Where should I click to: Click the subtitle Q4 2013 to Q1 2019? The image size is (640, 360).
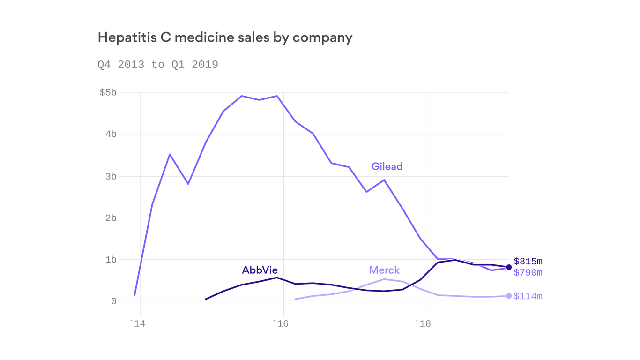pyautogui.click(x=158, y=65)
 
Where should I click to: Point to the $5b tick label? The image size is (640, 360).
pyautogui.click(x=108, y=92)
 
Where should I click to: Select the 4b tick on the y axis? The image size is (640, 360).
pyautogui.click(x=111, y=134)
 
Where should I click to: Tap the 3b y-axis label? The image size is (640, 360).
pyautogui.click(x=111, y=176)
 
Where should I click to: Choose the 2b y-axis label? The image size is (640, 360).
pyautogui.click(x=111, y=218)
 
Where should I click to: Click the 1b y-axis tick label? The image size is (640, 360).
pyautogui.click(x=111, y=260)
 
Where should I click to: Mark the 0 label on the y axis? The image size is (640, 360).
pyautogui.click(x=113, y=301)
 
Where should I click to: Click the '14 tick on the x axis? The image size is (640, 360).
pyautogui.click(x=137, y=323)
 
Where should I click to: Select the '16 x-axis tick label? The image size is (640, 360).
pyautogui.click(x=280, y=323)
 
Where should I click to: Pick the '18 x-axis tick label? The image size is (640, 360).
pyautogui.click(x=423, y=323)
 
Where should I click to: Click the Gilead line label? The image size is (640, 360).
pyautogui.click(x=387, y=166)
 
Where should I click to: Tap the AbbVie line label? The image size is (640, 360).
pyautogui.click(x=260, y=270)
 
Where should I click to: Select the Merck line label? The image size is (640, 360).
pyautogui.click(x=384, y=270)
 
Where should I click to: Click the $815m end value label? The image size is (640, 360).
pyautogui.click(x=528, y=262)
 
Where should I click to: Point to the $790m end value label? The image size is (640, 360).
pyautogui.click(x=528, y=273)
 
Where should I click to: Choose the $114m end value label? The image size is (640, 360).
pyautogui.click(x=528, y=296)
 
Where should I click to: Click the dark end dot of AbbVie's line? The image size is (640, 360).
pyautogui.click(x=509, y=267)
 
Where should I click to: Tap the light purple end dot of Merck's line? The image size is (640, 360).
pyautogui.click(x=509, y=296)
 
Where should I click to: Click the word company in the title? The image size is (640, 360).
pyautogui.click(x=322, y=37)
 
